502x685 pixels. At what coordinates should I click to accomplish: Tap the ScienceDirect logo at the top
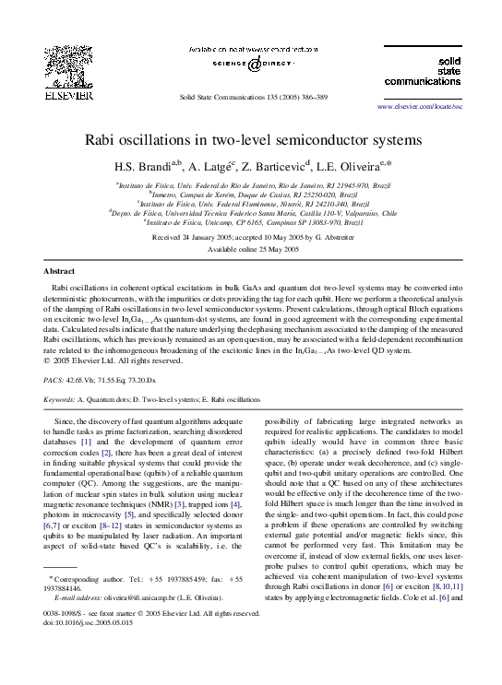click(x=251, y=65)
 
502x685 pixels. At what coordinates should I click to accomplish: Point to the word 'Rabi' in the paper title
click(x=104, y=141)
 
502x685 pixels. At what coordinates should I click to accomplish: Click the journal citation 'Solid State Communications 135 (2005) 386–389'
click(x=252, y=96)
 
